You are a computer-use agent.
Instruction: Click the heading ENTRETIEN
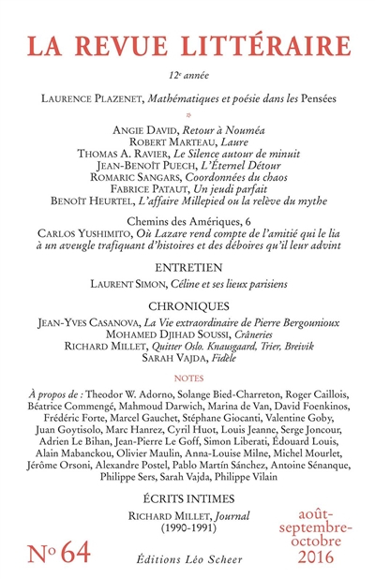[187, 268]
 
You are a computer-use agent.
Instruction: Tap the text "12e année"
[187, 71]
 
